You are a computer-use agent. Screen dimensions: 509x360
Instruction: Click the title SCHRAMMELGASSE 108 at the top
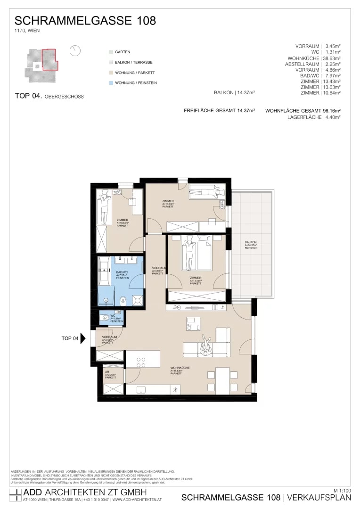85,21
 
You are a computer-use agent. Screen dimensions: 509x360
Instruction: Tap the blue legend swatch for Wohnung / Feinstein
111,83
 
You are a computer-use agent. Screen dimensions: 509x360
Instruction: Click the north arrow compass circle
75,51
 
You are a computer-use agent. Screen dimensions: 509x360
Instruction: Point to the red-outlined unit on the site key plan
49,59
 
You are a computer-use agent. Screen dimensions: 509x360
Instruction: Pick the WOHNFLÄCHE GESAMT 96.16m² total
303,110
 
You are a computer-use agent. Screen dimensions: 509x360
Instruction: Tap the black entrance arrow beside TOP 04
83,338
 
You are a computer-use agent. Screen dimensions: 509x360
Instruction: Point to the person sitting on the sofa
206,346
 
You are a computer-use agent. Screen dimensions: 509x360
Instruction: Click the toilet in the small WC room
104,318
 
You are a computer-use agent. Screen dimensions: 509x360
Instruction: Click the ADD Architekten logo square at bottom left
15,495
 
